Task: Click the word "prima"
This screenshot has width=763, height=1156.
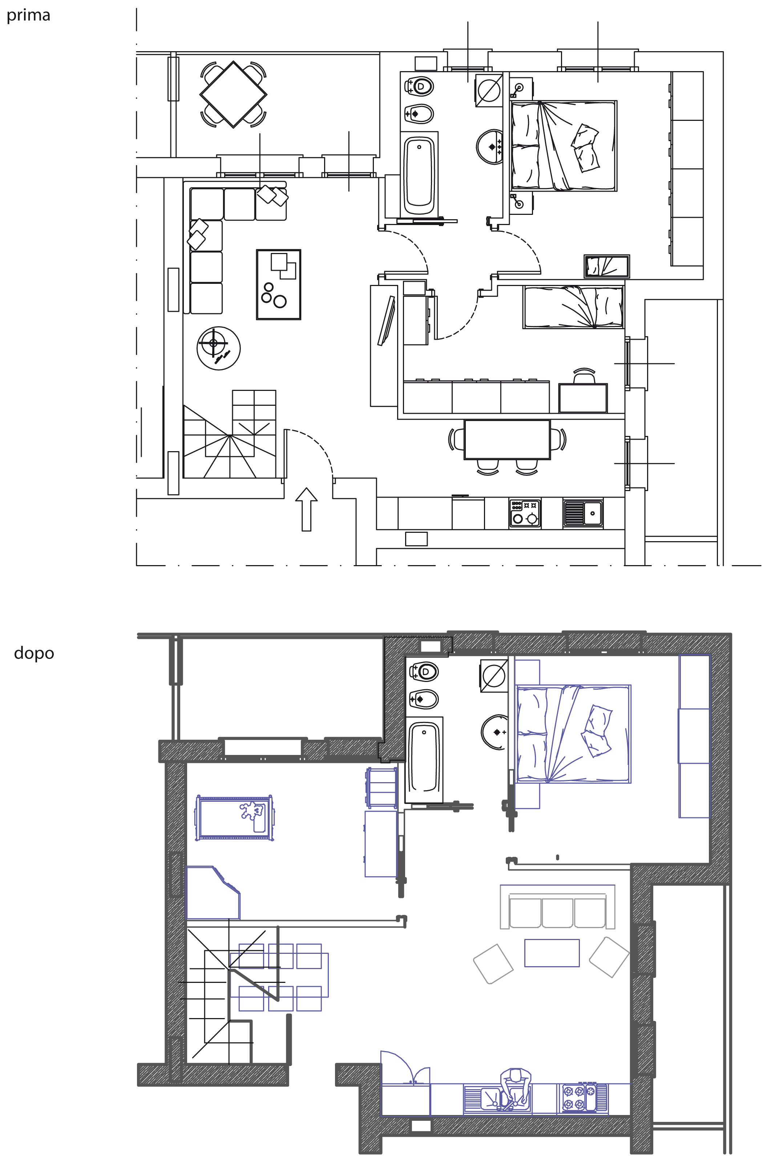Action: click(28, 16)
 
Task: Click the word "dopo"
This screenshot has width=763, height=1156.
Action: click(34, 653)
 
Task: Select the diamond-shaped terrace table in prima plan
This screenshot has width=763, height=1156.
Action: click(234, 94)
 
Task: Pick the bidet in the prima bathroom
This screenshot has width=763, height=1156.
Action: click(419, 114)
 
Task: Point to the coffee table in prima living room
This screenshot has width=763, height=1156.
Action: click(279, 285)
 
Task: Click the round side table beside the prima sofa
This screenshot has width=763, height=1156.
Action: click(218, 348)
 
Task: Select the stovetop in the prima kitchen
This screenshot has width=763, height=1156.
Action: click(525, 513)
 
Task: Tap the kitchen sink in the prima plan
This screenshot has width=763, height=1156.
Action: click(583, 513)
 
